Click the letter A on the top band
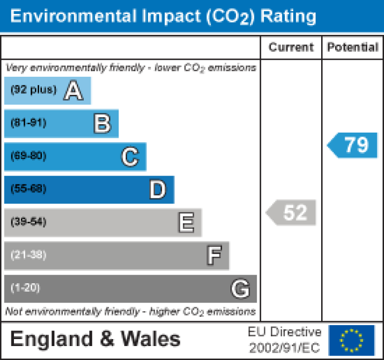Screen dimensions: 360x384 73,91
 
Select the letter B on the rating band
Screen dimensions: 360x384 102,124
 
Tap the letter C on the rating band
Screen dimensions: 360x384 130,157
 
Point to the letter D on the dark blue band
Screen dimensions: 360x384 158,190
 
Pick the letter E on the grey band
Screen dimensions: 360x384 186,223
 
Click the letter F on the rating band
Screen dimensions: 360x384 213,256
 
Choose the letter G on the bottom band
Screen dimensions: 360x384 240,289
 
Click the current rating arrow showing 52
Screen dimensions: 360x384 292,213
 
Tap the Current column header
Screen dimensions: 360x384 291,47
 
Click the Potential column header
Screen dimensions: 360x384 353,47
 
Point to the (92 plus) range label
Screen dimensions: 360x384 33,90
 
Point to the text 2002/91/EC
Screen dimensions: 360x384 285,348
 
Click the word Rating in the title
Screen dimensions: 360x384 287,16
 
